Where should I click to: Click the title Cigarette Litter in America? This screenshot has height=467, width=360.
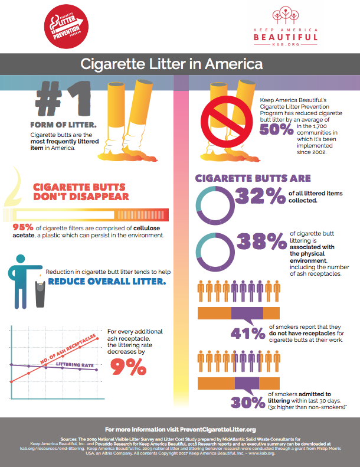(x=180, y=63)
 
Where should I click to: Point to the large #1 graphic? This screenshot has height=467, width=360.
(x=64, y=99)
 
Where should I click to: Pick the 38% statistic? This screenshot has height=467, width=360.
(x=259, y=243)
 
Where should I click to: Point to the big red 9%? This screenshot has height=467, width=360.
(x=127, y=367)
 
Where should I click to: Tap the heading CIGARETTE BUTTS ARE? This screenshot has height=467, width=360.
(x=253, y=178)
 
